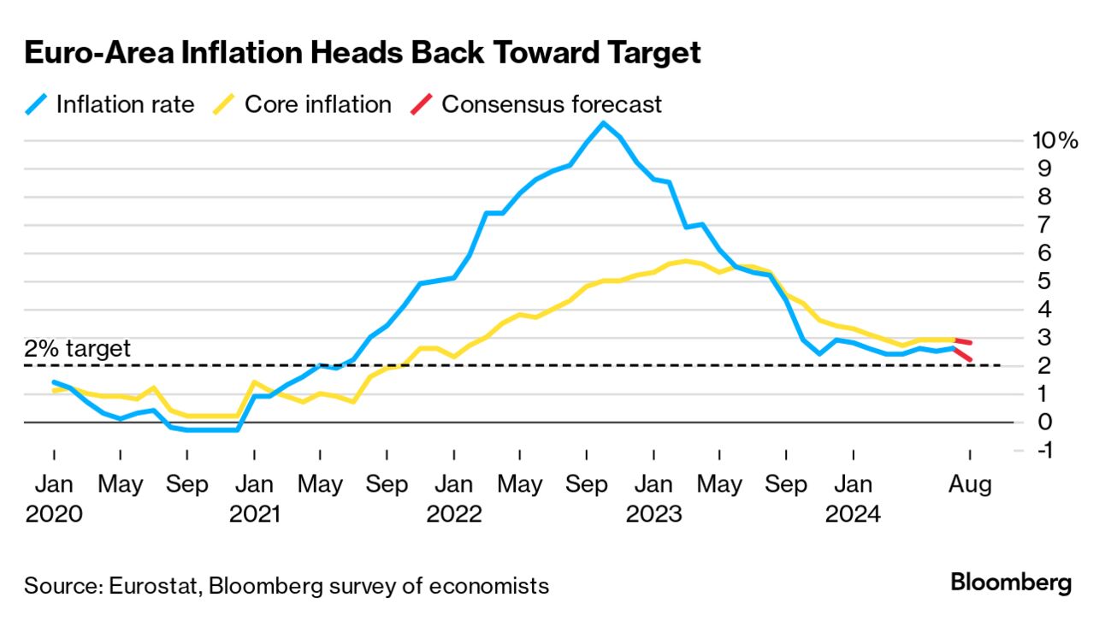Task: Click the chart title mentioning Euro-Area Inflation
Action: pyautogui.click(x=363, y=53)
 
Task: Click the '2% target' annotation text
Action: pyautogui.click(x=77, y=348)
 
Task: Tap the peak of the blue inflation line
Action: pyautogui.click(x=603, y=123)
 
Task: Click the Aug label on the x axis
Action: pyautogui.click(x=970, y=485)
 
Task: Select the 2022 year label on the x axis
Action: pyautogui.click(x=454, y=513)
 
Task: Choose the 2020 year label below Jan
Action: pyautogui.click(x=55, y=513)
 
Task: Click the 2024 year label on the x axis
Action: pyautogui.click(x=853, y=513)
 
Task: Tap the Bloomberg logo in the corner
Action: pyautogui.click(x=1010, y=583)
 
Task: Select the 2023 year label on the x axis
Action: pyautogui.click(x=653, y=513)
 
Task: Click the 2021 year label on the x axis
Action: pyautogui.click(x=254, y=513)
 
